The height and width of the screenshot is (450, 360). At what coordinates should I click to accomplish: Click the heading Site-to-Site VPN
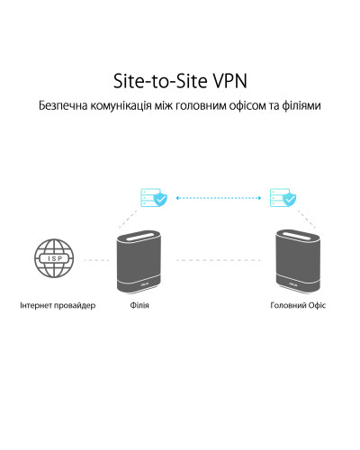click(x=180, y=81)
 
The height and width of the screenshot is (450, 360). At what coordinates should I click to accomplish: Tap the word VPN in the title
click(x=229, y=81)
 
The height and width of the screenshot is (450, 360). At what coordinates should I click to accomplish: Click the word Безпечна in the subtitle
click(x=63, y=105)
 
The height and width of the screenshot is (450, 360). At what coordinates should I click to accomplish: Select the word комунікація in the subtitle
click(x=121, y=106)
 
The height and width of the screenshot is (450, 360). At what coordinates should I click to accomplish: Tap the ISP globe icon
click(x=54, y=258)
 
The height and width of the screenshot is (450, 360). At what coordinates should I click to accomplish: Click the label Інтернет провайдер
click(x=58, y=305)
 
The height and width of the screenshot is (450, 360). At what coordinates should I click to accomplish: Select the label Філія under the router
click(x=139, y=305)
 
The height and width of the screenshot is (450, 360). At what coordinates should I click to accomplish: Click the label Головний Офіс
click(x=298, y=305)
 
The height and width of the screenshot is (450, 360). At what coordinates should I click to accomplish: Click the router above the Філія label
click(x=139, y=262)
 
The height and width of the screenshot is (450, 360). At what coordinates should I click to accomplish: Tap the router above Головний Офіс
click(x=298, y=262)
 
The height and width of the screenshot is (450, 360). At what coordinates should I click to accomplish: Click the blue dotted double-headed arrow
click(x=219, y=198)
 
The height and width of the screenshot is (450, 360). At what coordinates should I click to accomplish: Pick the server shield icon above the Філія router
click(x=154, y=197)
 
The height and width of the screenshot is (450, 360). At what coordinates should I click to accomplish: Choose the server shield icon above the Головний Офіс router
click(x=283, y=197)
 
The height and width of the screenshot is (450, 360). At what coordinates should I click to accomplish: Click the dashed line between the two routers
click(x=219, y=260)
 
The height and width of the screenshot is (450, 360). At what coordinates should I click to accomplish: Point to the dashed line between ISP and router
click(x=96, y=260)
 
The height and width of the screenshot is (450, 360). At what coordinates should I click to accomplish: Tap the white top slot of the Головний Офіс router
click(x=298, y=235)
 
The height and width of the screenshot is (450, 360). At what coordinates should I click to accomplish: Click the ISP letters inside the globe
click(x=54, y=258)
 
